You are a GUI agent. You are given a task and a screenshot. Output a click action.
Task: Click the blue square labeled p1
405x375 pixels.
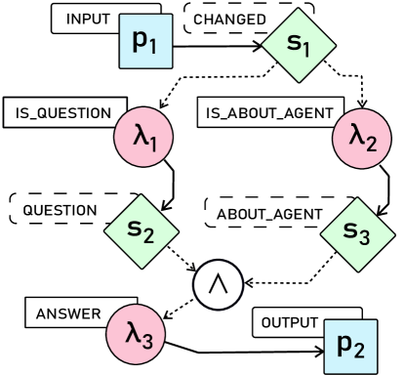(x=145, y=42)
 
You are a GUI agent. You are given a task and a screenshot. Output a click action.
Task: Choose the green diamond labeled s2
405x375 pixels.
(x=142, y=231)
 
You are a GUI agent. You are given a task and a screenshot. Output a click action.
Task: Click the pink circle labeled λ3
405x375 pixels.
(x=137, y=334)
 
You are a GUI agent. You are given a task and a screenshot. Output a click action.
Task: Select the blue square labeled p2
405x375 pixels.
(x=349, y=347)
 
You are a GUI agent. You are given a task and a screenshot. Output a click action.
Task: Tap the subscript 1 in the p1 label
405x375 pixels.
(x=153, y=46)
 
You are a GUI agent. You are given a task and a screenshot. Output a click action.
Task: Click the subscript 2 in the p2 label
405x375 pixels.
(x=358, y=351)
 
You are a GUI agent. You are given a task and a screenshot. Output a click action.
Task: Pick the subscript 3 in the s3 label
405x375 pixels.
(x=365, y=236)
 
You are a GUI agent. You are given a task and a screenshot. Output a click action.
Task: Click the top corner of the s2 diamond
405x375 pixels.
(x=142, y=195)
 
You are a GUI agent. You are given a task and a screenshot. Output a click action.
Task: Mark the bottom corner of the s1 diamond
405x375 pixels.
(x=299, y=81)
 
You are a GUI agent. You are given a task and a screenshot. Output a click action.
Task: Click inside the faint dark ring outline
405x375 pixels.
(x=217, y=286)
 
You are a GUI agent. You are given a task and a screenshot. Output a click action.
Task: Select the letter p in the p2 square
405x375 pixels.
(x=344, y=346)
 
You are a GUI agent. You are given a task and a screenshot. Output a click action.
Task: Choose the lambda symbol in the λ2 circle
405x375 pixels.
(x=356, y=135)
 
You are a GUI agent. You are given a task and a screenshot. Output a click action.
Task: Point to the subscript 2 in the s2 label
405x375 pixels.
(x=148, y=235)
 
